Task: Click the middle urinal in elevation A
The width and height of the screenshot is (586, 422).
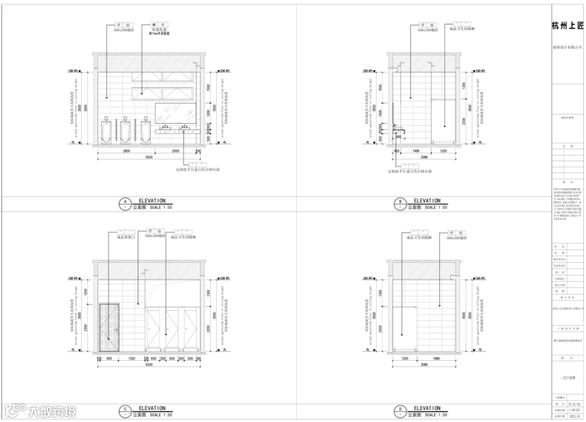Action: coord(126,131)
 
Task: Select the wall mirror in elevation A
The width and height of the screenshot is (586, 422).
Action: coord(175,113)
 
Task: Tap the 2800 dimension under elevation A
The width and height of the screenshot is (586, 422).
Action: coord(126,151)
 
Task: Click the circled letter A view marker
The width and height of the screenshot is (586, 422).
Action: coord(125,203)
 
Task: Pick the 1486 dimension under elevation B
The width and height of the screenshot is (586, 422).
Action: coord(416,151)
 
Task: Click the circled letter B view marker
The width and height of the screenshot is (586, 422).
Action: coord(400,203)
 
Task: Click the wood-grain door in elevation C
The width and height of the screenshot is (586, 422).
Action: coord(110,329)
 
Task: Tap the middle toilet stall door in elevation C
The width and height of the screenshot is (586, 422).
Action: coord(172,331)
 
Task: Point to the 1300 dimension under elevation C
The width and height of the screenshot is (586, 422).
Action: coord(132,359)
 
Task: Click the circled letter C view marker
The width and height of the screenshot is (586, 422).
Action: coord(125,411)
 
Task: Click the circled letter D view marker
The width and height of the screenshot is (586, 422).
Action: coord(400,411)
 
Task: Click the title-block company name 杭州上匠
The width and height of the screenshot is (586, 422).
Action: coord(568,25)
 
